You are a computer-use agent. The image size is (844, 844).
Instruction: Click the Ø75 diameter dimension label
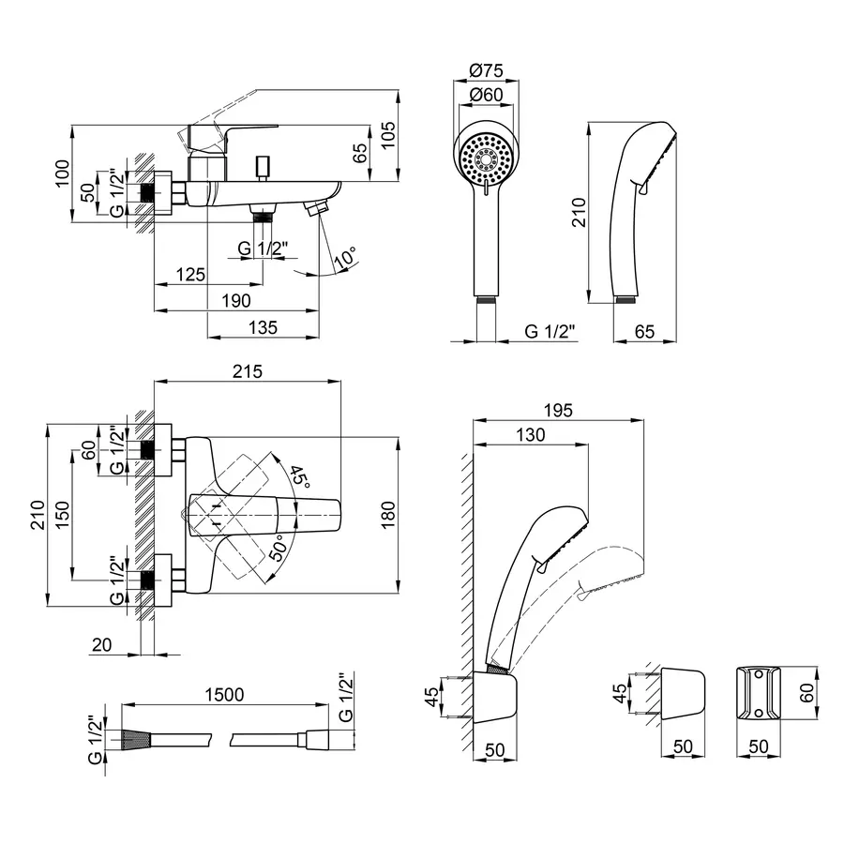click(486, 71)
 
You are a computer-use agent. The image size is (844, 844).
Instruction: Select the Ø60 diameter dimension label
click(486, 94)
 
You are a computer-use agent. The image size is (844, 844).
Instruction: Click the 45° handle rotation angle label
click(299, 475)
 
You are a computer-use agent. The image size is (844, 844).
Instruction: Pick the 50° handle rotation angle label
click(279, 548)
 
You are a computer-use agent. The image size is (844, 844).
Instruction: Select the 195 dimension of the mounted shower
click(558, 410)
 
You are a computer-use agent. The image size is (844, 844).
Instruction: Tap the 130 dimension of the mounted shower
click(531, 434)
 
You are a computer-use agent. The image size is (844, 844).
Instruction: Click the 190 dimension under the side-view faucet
click(236, 300)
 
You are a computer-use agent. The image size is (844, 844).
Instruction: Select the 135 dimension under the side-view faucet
click(262, 326)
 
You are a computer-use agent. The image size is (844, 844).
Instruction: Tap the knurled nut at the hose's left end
click(135, 740)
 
